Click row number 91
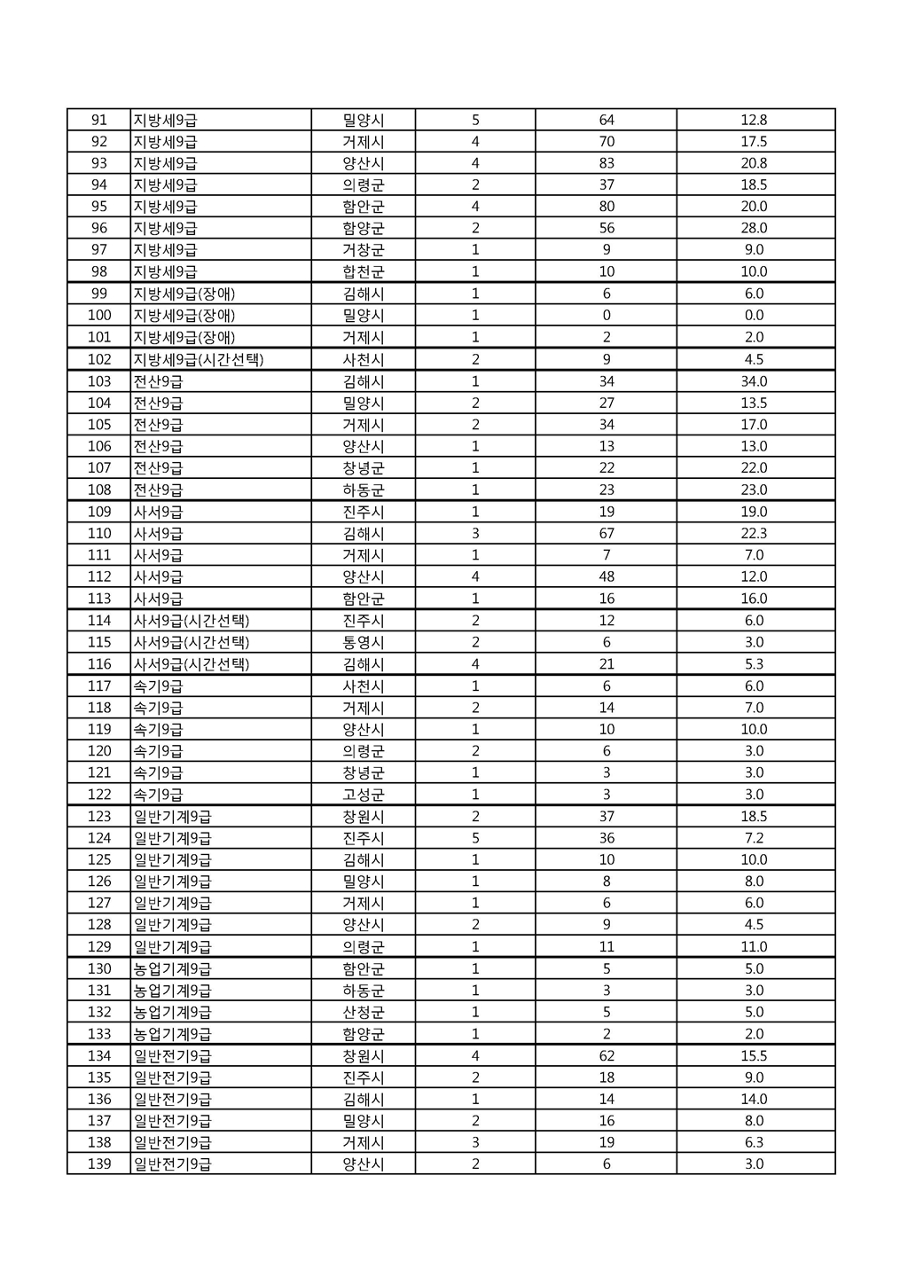point(98,120)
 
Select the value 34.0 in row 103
point(754,381)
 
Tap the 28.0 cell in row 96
point(754,228)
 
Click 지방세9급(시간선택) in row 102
point(199,359)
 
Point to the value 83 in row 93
point(607,163)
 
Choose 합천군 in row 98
point(364,272)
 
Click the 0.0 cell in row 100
point(754,316)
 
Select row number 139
point(99,1164)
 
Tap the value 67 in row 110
point(607,534)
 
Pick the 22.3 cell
point(754,534)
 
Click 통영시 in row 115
point(364,642)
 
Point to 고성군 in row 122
point(364,795)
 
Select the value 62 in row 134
point(607,1056)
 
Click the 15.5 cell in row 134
point(754,1056)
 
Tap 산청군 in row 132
point(364,1013)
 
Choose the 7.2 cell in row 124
point(754,838)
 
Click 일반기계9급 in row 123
point(173,817)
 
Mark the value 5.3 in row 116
point(754,664)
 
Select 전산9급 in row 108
point(158,490)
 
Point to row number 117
point(99,686)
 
